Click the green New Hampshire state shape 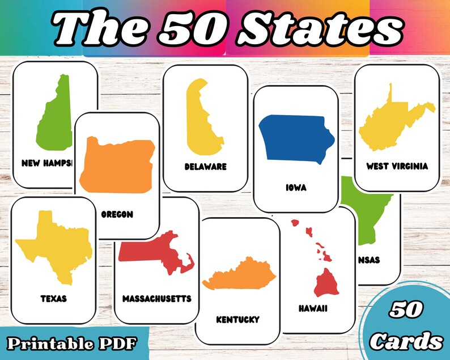(x=54, y=116)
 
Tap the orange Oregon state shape (x=117, y=164)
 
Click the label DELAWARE (x=205, y=167)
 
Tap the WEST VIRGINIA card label (x=397, y=166)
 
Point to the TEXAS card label (x=54, y=298)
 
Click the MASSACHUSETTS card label (x=157, y=298)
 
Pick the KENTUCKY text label (x=237, y=320)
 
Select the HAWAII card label (x=313, y=309)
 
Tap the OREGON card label (x=117, y=214)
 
